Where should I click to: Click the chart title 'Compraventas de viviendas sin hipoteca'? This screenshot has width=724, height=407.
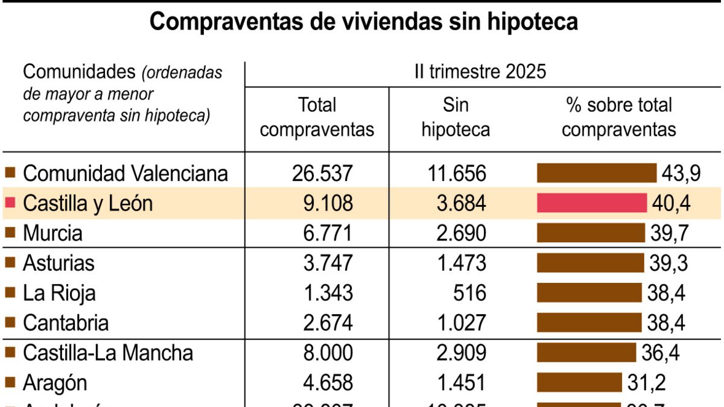(363, 22)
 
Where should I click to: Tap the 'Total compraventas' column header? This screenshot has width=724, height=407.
(317, 118)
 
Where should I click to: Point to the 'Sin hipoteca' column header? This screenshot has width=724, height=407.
(456, 118)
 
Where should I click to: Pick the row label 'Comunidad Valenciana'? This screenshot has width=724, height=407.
(125, 174)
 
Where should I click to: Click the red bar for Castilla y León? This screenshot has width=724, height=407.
(591, 203)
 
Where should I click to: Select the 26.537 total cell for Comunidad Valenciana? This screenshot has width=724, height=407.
(322, 174)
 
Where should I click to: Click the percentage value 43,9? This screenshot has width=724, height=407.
(681, 174)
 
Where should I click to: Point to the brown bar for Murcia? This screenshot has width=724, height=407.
(591, 233)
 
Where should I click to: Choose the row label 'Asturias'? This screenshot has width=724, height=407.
(59, 263)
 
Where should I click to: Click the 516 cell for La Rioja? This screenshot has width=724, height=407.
(471, 293)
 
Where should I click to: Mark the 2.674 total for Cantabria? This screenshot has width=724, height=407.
(322, 323)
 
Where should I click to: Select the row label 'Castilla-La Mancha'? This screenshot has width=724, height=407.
(108, 353)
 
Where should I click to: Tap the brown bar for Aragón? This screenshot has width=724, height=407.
(579, 382)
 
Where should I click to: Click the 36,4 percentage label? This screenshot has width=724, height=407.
(660, 353)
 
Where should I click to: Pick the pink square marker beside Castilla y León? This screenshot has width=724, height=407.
(10, 203)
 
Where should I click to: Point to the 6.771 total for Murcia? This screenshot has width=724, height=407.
(322, 233)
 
